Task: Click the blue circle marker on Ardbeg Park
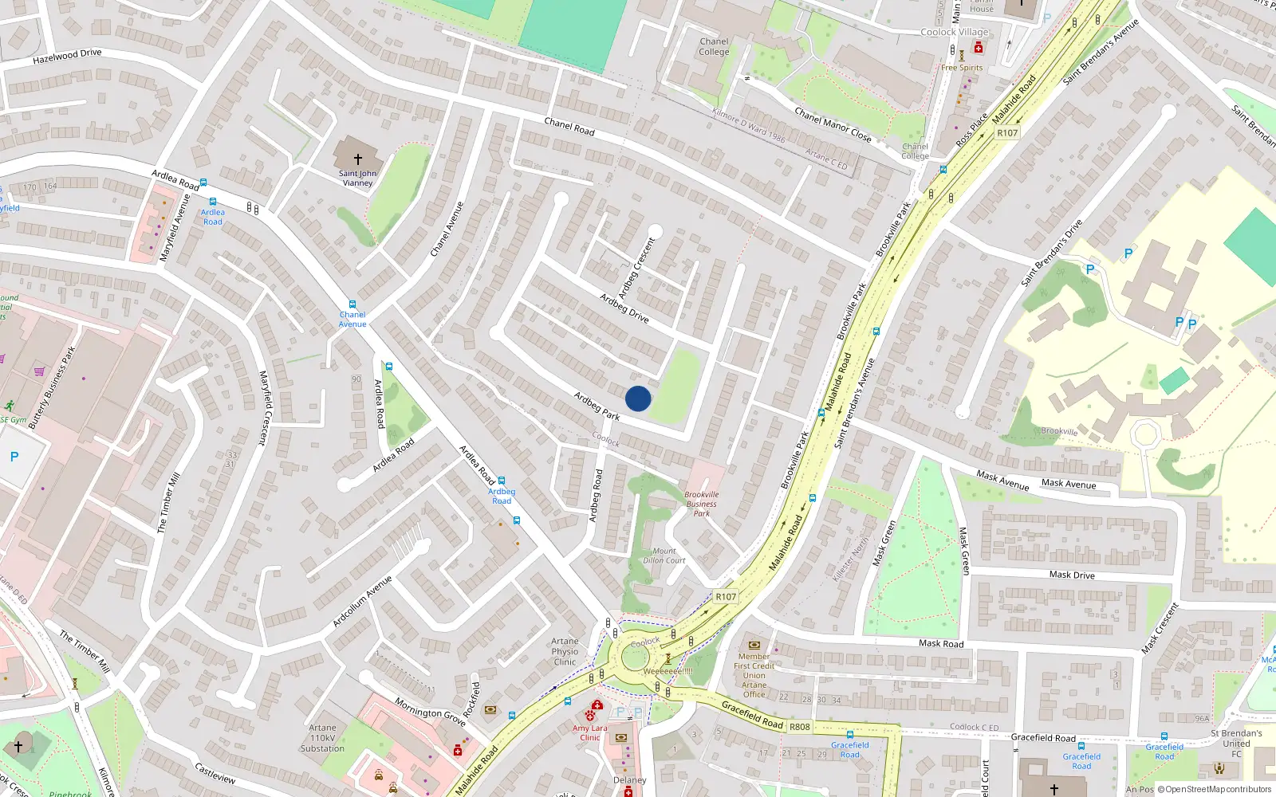pos(637,398)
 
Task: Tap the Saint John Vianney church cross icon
pos(358,159)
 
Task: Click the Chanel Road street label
pos(569,126)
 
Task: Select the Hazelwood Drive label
pos(67,56)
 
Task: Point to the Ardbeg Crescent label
pos(636,269)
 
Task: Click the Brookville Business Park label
pos(701,504)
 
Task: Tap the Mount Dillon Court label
pos(664,556)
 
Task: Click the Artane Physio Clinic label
pos(565,651)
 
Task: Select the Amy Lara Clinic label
pos(589,732)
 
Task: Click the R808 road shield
pos(799,727)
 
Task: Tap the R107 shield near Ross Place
pos(1007,133)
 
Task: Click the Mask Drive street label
pos(1071,575)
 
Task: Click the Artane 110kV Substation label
pos(322,738)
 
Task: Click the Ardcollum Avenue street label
pos(362,601)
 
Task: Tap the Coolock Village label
pos(954,32)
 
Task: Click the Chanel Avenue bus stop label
pos(352,319)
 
